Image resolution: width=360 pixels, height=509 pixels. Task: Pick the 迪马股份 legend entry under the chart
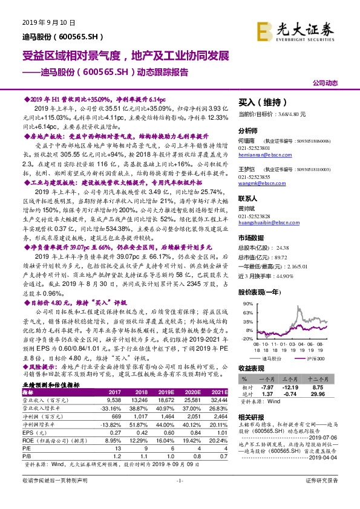269,358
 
